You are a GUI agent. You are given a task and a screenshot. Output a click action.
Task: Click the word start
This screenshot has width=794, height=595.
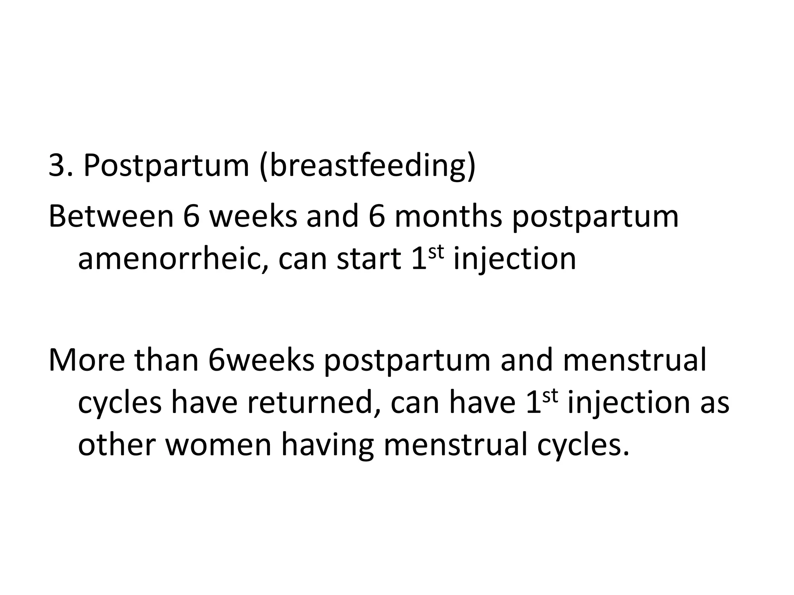pyautogui.click(x=369, y=259)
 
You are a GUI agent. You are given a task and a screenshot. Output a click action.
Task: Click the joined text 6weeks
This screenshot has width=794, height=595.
pyautogui.click(x=261, y=360)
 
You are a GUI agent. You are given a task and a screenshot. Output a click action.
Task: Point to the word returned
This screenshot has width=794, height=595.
pyautogui.click(x=312, y=403)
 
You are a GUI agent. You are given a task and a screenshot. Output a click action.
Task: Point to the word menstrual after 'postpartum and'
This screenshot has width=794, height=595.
pyautogui.click(x=634, y=360)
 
